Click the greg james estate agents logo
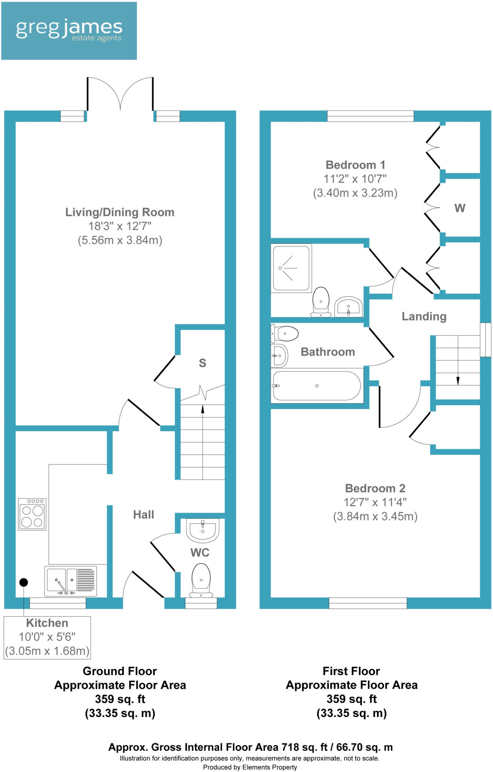click(x=69, y=31)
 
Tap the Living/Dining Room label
click(x=120, y=212)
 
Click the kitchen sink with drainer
click(x=70, y=581)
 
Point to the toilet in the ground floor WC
click(x=201, y=580)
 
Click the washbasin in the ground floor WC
click(x=203, y=530)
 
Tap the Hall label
click(x=143, y=515)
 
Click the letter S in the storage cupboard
click(x=202, y=363)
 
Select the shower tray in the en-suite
click(x=291, y=268)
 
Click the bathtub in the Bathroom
click(x=316, y=386)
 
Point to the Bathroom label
click(x=328, y=352)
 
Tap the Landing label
click(x=424, y=316)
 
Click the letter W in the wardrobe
click(x=459, y=208)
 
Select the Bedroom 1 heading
click(x=355, y=165)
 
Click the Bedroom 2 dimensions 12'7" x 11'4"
click(x=375, y=502)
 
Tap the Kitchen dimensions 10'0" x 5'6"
click(x=47, y=637)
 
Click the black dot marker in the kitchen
click(x=24, y=582)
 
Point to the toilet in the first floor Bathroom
click(x=285, y=334)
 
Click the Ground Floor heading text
click(x=120, y=671)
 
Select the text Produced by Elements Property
click(x=250, y=767)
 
